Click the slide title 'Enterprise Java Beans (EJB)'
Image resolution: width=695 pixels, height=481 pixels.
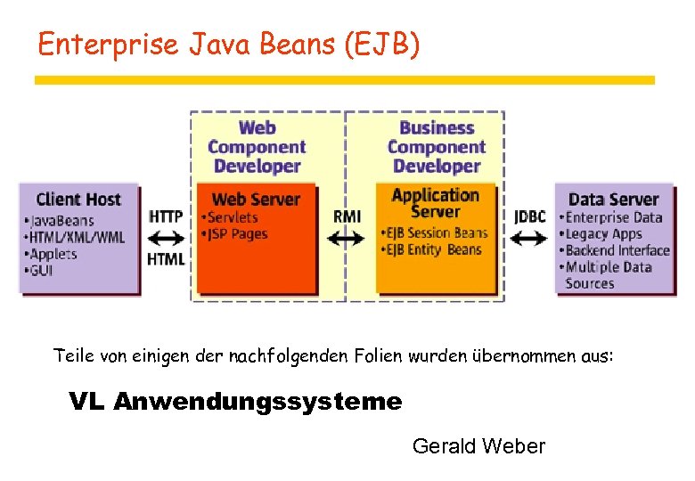pyautogui.click(x=228, y=45)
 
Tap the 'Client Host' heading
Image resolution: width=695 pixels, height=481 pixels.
pyautogui.click(x=78, y=199)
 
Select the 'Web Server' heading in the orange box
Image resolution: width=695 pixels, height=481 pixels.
pyautogui.click(x=257, y=200)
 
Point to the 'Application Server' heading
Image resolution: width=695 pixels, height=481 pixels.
pyautogui.click(x=435, y=203)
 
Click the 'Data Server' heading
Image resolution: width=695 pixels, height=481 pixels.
pyautogui.click(x=613, y=200)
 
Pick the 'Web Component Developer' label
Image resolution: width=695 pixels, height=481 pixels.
pyautogui.click(x=257, y=147)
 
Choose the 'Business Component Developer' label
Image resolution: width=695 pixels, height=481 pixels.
pyautogui.click(x=436, y=147)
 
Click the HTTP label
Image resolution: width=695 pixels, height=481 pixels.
pyautogui.click(x=167, y=216)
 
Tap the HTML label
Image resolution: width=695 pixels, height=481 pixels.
pyautogui.click(x=167, y=259)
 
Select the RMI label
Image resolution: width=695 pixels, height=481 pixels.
pyautogui.click(x=347, y=216)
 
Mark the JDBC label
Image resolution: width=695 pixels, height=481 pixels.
pyautogui.click(x=530, y=216)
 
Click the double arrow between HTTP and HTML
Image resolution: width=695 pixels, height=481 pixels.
pyautogui.click(x=167, y=238)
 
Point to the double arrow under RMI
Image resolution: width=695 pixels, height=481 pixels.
pyautogui.click(x=347, y=238)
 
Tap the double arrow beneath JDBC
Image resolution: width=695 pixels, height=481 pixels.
pyautogui.click(x=530, y=238)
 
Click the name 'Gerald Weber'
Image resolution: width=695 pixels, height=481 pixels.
pyautogui.click(x=478, y=446)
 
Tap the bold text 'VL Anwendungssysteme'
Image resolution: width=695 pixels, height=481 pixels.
pyautogui.click(x=235, y=402)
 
